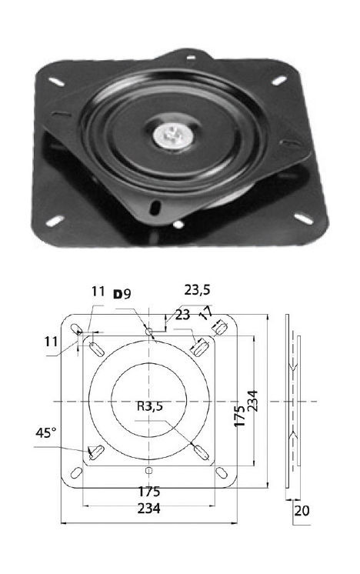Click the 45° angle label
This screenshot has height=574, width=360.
(46, 432)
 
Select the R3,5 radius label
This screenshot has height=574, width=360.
(150, 406)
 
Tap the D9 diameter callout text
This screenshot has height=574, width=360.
(122, 294)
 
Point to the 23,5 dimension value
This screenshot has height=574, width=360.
(197, 290)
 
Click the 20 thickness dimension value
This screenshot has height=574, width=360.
(302, 510)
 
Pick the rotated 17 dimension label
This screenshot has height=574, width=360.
(205, 312)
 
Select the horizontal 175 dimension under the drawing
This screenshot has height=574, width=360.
(149, 491)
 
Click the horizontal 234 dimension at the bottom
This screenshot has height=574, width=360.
(149, 509)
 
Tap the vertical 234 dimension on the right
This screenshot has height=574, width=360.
(252, 401)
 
